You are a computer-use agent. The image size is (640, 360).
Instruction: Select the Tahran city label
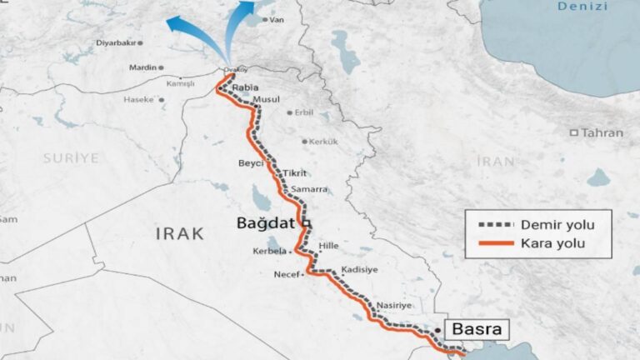602,132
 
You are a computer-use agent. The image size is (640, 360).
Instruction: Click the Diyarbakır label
115,42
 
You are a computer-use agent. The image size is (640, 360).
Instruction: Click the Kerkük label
323,142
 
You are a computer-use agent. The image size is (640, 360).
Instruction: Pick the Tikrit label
295,172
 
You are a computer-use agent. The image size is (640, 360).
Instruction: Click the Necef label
287,274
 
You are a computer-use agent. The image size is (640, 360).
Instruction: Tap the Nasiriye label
393,306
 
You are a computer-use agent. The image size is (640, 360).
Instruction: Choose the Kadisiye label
360,270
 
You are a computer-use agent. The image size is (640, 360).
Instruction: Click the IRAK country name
179,234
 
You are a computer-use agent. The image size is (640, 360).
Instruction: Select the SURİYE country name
71,157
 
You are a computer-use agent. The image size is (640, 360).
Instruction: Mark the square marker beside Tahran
574,132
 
